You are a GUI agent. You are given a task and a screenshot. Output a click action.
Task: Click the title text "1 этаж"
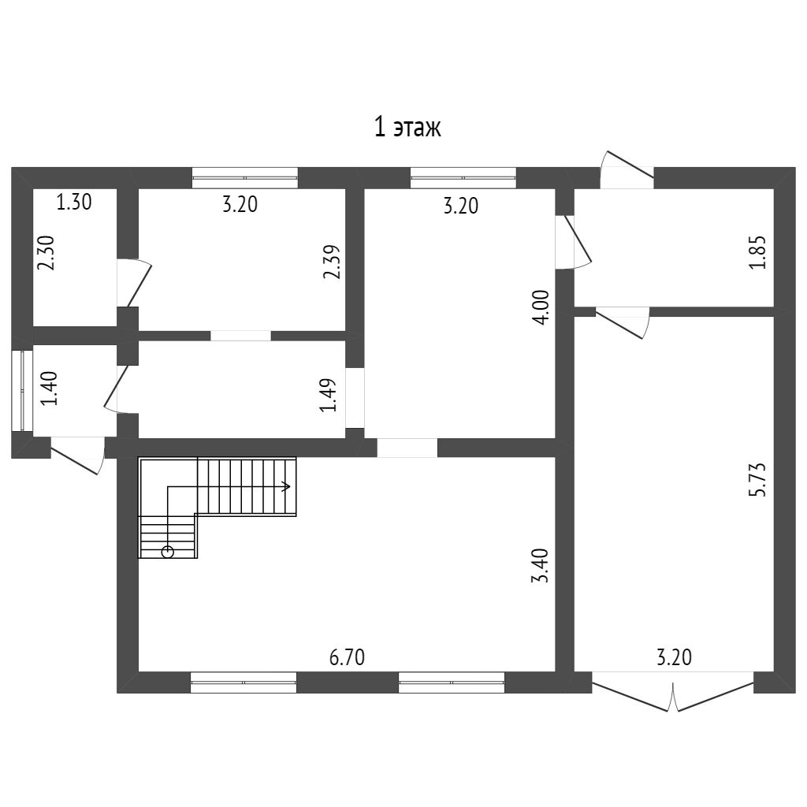(x=407, y=128)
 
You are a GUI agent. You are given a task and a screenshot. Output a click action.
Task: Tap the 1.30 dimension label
(x=73, y=202)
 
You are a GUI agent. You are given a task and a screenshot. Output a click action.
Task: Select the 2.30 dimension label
(x=46, y=253)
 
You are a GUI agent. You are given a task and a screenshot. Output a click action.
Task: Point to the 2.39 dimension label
(x=332, y=262)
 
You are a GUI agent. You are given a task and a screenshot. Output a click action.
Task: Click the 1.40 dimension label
(x=50, y=389)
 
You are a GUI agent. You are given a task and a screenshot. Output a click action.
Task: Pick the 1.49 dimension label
(x=328, y=396)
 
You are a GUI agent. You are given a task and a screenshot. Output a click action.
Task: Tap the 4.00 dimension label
(x=541, y=307)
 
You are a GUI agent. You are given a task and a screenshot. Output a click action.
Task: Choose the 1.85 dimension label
(x=757, y=252)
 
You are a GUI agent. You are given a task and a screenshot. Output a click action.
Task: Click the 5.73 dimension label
(x=757, y=480)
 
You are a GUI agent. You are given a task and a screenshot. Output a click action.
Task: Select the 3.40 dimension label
(x=541, y=566)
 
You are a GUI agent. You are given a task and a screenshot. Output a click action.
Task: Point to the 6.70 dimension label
(x=347, y=657)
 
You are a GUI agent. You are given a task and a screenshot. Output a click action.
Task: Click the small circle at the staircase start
(x=167, y=552)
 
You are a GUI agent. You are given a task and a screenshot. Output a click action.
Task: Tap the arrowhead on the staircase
(x=286, y=485)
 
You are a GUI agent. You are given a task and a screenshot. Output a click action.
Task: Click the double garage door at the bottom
(x=673, y=692)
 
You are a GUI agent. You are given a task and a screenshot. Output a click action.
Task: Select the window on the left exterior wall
(x=23, y=390)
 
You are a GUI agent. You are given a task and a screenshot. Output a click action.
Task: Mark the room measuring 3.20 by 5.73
(x=675, y=494)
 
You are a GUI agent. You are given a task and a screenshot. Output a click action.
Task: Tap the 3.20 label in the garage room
(x=675, y=657)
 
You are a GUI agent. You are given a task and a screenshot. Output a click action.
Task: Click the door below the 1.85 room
(x=623, y=322)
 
